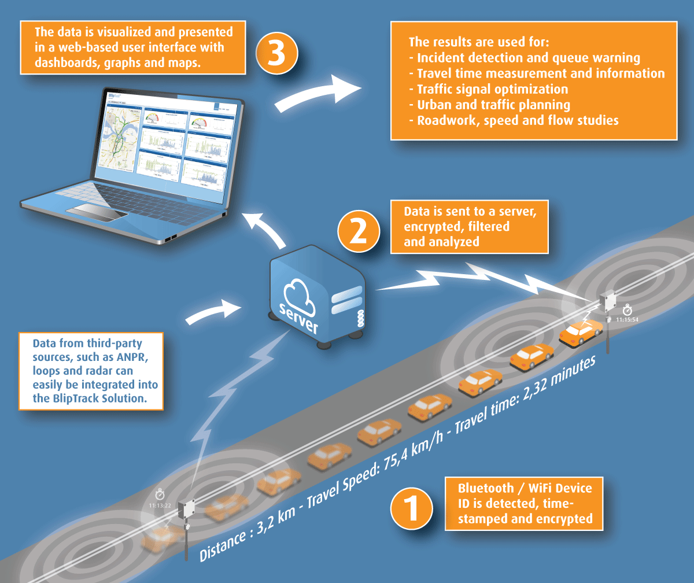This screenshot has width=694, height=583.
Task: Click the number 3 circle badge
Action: click(277, 53)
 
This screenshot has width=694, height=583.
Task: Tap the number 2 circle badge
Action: click(359, 230)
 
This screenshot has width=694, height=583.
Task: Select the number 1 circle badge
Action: click(411, 508)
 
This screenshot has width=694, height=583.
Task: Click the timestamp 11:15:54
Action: click(627, 319)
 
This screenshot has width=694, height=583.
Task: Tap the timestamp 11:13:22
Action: click(160, 505)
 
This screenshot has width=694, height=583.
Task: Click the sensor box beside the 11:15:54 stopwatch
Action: click(608, 301)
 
